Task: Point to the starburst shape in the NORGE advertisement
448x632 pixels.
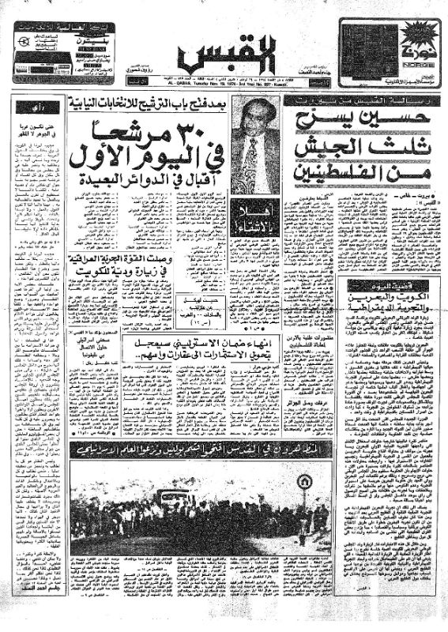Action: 412,35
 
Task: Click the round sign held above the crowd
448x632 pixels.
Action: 294,483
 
